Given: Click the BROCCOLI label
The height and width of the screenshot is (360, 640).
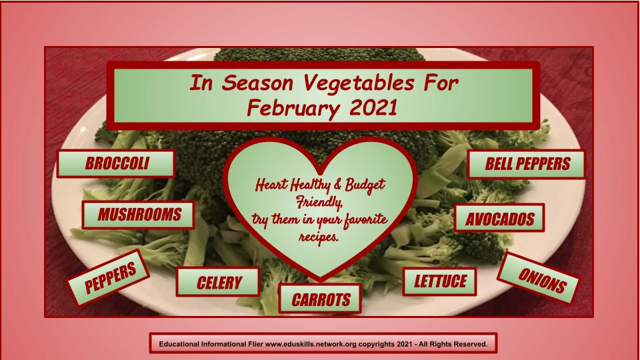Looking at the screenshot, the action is coord(116,164).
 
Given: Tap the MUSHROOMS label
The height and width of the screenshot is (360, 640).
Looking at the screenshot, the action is coord(139,215).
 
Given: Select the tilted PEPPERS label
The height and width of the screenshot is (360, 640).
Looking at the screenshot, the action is coord(109,278).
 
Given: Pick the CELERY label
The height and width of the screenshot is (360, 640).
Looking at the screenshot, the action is coord(218,282).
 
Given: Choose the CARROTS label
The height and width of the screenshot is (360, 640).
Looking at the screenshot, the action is coord(320,299).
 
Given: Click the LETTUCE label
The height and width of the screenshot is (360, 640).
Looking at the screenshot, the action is coord(439,281).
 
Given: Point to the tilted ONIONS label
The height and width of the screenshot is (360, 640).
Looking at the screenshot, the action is coord(539,279).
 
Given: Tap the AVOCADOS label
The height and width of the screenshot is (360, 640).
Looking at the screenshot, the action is coord(499,219).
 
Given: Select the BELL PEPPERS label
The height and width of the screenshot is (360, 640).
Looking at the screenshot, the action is coord(527,164).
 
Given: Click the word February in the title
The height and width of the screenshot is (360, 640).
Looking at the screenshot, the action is coord(293,109).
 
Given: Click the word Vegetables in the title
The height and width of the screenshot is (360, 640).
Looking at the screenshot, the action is coord(359,83).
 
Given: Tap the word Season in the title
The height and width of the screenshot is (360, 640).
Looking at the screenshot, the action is coord(257,83).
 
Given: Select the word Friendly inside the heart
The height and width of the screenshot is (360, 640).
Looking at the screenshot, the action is coord(319,202).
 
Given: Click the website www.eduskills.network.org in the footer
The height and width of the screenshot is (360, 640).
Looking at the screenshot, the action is coord(311,344).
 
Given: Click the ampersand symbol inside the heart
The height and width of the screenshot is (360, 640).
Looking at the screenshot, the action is coord(338,185).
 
